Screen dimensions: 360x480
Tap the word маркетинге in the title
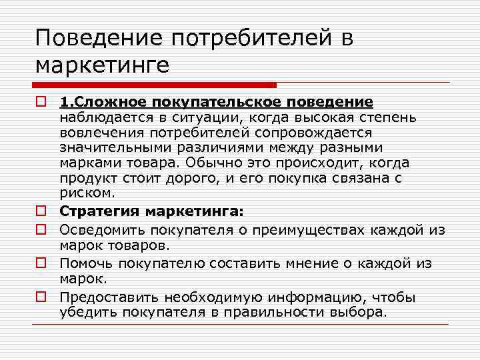click(x=103, y=66)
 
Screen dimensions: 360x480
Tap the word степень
click(x=389, y=117)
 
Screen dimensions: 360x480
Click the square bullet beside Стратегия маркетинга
click(x=41, y=211)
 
